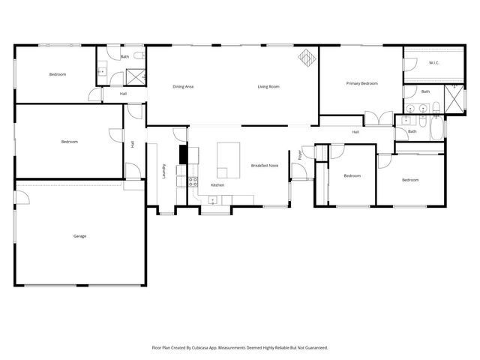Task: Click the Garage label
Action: [x=79, y=236]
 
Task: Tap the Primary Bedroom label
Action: [x=361, y=83]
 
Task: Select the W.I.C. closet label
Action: [x=434, y=63]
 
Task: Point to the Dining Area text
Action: [x=184, y=87]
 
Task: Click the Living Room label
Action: [x=268, y=87]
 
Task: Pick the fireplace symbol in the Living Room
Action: [x=307, y=57]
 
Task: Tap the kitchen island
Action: [x=228, y=159]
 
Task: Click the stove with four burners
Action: [x=192, y=181]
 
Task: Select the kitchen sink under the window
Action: [x=213, y=199]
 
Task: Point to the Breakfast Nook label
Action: [x=265, y=165]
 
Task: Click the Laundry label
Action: [x=163, y=170]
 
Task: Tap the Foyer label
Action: [x=301, y=155]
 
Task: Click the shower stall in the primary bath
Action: [x=454, y=98]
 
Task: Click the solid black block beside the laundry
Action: [x=181, y=154]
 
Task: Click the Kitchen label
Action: [x=217, y=184]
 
